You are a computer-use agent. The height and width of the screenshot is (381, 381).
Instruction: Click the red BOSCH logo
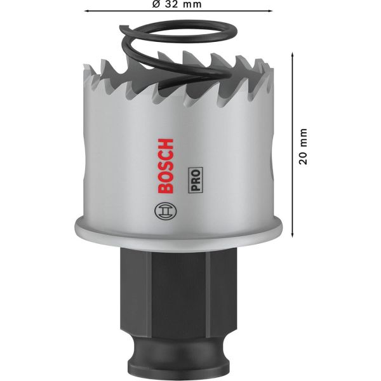166,166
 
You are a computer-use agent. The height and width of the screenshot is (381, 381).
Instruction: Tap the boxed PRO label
196,180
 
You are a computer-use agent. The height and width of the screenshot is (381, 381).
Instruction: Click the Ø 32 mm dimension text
177,4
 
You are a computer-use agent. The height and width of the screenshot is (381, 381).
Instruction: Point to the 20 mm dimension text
303,147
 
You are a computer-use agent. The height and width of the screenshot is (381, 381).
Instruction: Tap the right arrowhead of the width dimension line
271,11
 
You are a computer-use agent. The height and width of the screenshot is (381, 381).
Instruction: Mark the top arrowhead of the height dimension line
292,54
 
